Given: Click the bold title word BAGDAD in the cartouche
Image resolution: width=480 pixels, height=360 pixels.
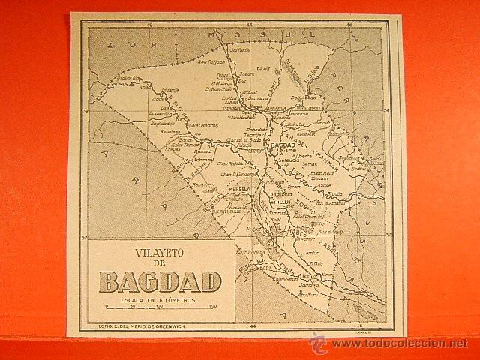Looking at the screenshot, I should [x=160, y=280].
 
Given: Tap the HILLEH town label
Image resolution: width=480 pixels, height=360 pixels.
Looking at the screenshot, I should [x=284, y=202].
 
